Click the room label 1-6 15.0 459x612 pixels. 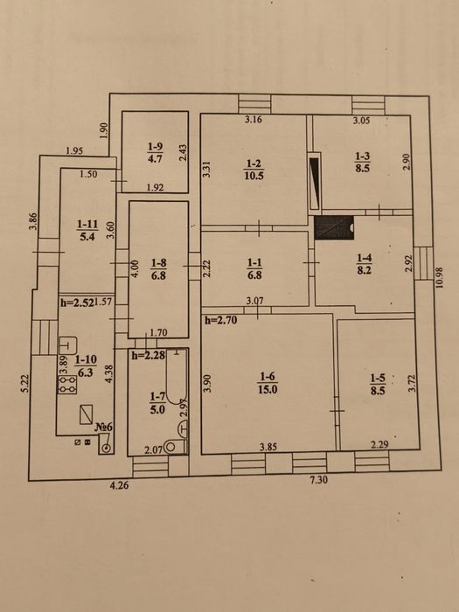(x=268, y=383)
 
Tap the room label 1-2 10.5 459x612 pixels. (x=254, y=170)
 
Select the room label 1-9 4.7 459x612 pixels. (x=155, y=153)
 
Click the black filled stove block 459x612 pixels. (x=334, y=227)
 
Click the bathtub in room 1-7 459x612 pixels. (x=177, y=376)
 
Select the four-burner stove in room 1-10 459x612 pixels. (x=67, y=385)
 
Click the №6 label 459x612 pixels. (x=104, y=427)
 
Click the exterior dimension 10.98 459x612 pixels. (x=441, y=277)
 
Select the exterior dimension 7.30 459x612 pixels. (x=318, y=480)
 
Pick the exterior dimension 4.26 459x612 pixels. (x=119, y=485)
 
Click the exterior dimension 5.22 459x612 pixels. (x=25, y=383)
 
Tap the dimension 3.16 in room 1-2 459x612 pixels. (x=254, y=120)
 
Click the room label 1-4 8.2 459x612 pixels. (x=364, y=263)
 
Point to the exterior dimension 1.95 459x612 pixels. (x=74, y=150)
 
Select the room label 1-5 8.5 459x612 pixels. (x=378, y=384)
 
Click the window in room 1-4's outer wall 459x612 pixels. (x=423, y=263)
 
